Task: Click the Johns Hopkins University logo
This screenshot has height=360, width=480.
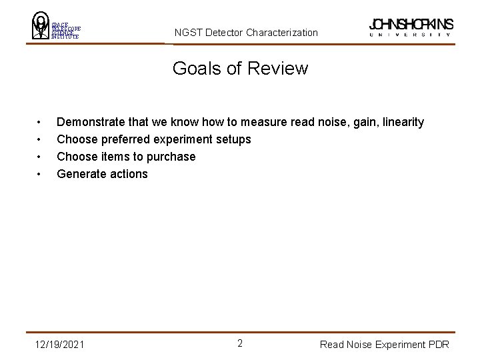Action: tap(411, 27)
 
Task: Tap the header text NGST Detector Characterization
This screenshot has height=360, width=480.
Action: tap(246, 32)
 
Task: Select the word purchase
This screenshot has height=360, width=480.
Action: tap(171, 157)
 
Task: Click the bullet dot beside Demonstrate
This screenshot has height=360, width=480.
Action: tap(41, 123)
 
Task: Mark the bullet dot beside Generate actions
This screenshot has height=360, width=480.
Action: tap(41, 175)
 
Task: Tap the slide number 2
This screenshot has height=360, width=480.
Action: tap(240, 343)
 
